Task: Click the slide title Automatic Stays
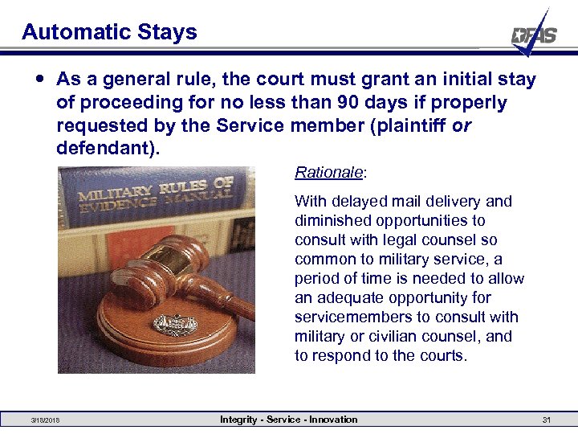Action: [x=109, y=32]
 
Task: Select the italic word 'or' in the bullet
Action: [x=462, y=127]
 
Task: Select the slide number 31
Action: [x=547, y=420]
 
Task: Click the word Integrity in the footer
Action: [x=239, y=420]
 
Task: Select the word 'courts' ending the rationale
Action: [x=444, y=356]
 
